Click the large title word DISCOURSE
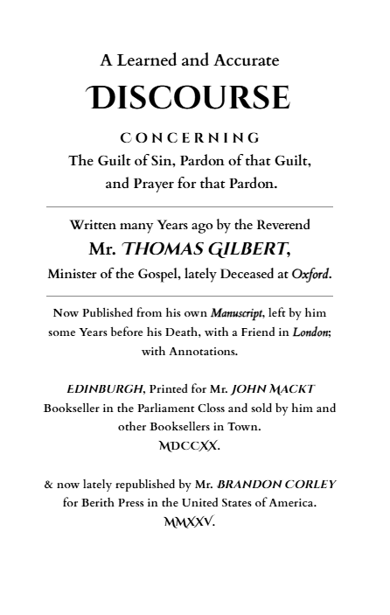click(x=189, y=97)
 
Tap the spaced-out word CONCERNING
click(x=190, y=137)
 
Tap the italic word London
click(x=310, y=332)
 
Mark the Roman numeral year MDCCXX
click(x=189, y=445)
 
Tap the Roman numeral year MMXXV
click(x=189, y=522)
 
